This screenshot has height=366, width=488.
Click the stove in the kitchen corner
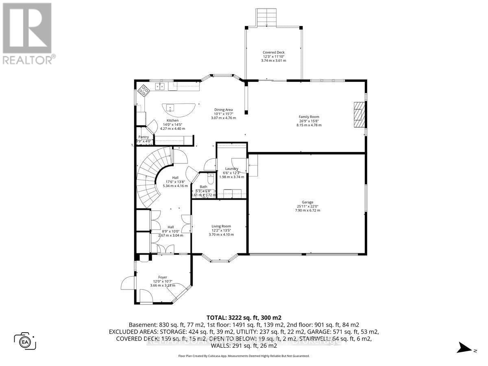[143, 90]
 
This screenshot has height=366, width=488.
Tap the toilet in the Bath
[210, 179]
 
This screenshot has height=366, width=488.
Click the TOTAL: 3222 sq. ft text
[244, 318]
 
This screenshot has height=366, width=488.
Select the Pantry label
[143, 137]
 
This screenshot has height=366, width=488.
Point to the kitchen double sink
[160, 86]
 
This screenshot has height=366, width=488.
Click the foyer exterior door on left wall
[129, 283]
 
